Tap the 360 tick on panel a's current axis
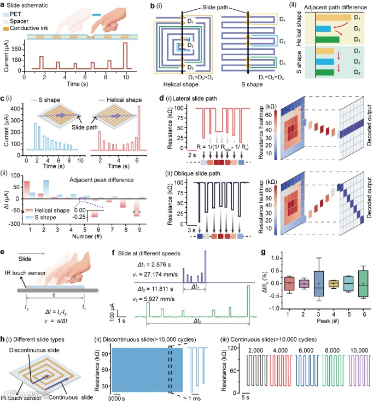[16, 49]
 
